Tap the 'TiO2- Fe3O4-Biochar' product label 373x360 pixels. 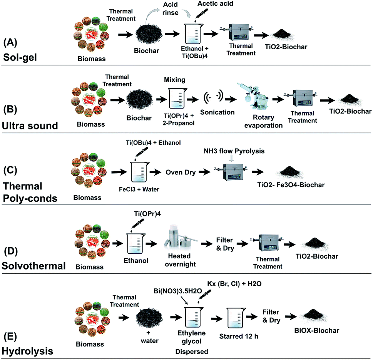pyautogui.click(x=291, y=185)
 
